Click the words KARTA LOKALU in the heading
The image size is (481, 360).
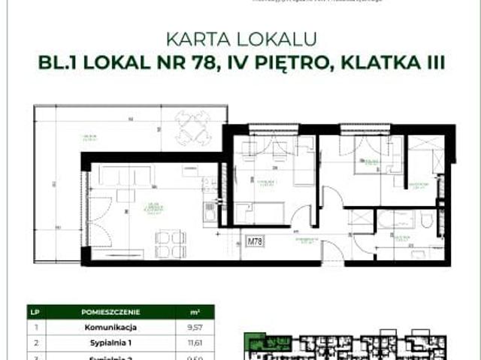coord(240,38)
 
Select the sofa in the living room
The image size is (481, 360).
coord(125,176)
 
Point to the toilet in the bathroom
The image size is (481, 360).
coord(427,220)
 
